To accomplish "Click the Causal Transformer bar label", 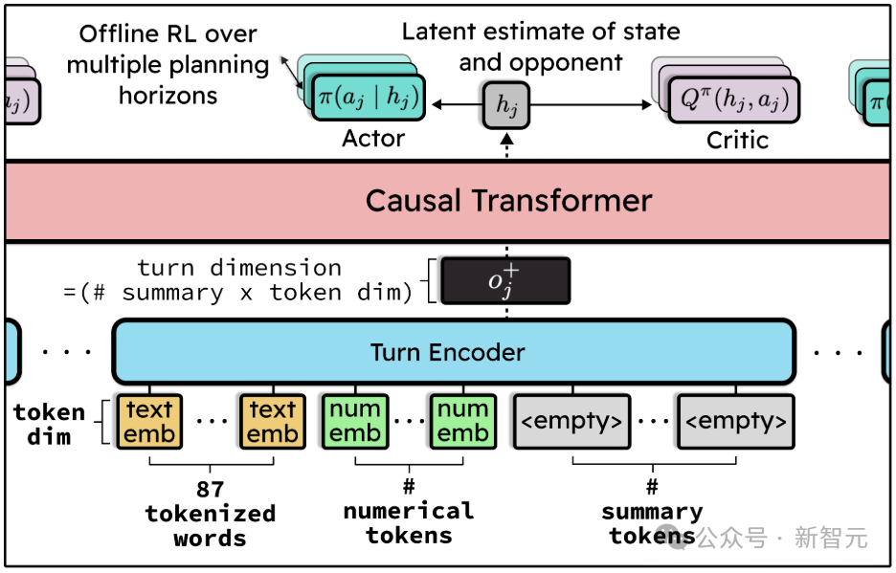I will pos(508,201).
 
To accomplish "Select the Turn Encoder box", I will pos(454,352).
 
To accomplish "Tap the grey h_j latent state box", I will pos(505,105).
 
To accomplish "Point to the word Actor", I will pos(373,140).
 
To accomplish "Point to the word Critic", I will pos(737,141).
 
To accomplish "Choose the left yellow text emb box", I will pos(150,422).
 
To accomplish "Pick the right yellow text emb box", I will pos(273,422).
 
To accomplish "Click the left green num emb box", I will pos(355,422).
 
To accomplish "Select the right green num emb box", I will pos(462,422).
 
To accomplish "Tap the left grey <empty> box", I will pos(571,422).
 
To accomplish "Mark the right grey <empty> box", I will pos(736,422).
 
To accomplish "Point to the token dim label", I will pos(49,424).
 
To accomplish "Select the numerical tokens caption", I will pos(409,522).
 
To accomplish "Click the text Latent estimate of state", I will pos(541,32).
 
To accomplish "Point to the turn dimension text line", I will pos(239,268).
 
